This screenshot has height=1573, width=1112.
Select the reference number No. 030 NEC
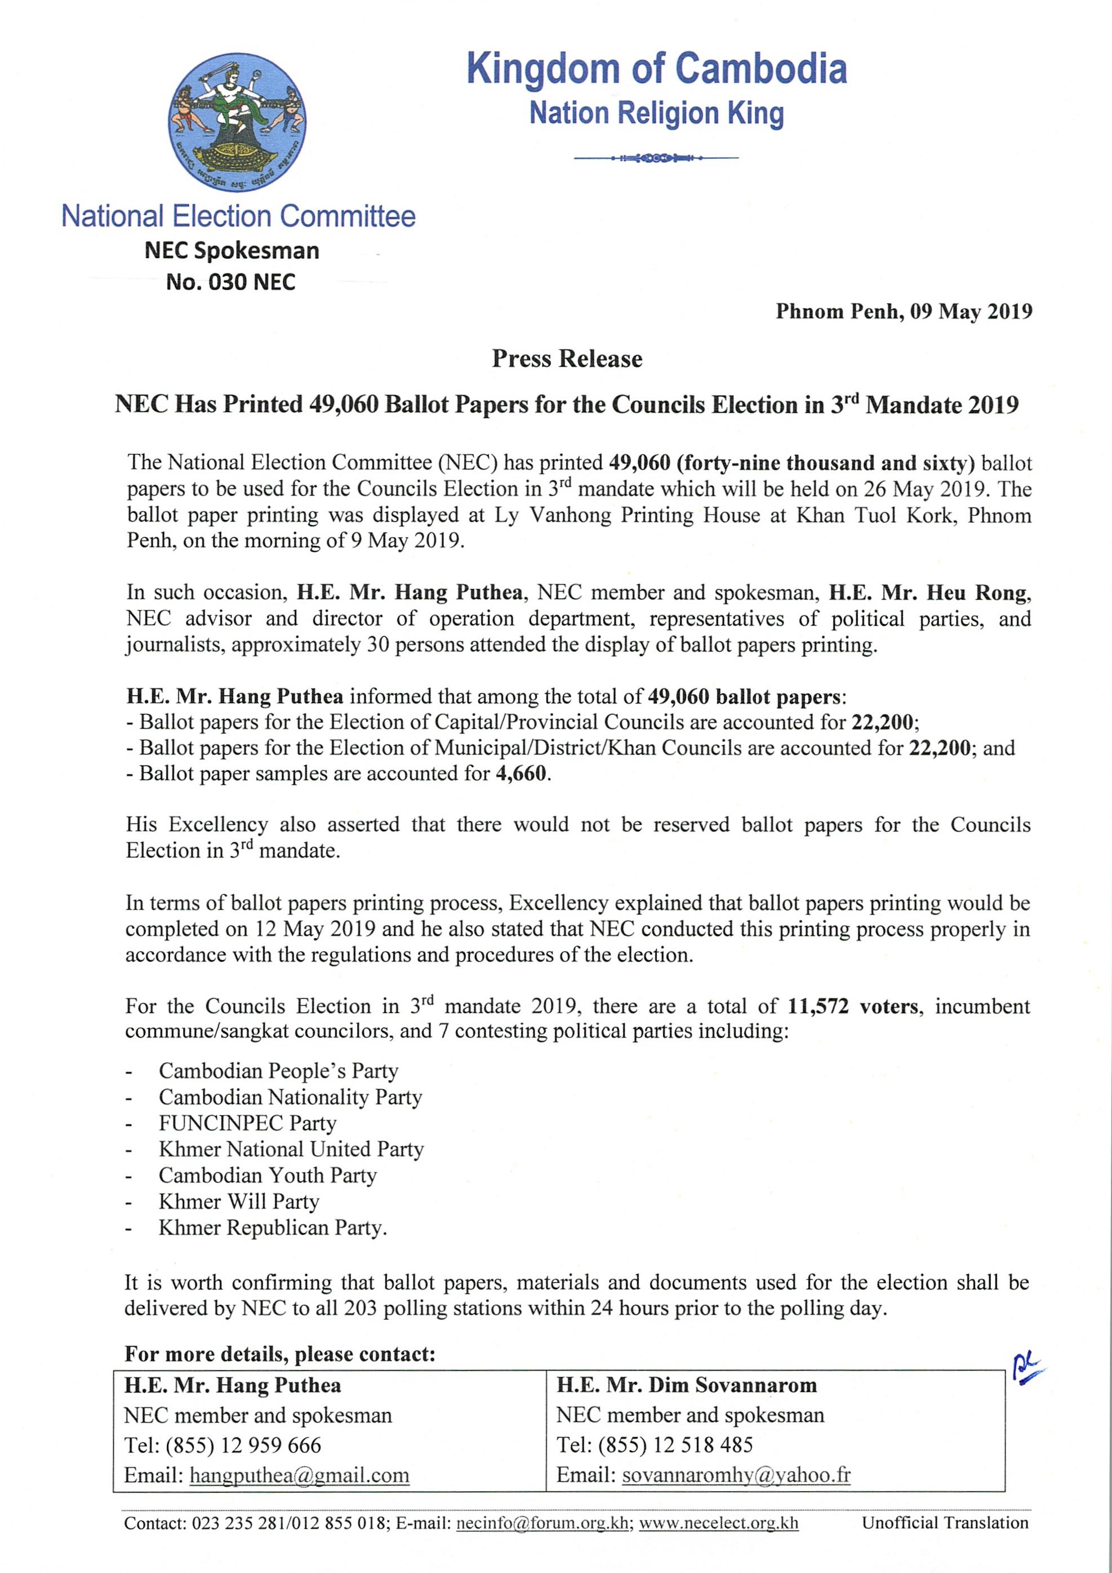coord(231,282)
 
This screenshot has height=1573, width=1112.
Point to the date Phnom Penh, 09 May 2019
coord(903,312)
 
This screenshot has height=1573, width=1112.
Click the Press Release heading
coord(567,359)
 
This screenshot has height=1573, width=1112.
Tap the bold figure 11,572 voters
coord(852,1006)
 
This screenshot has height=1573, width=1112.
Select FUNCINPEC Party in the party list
coord(247,1123)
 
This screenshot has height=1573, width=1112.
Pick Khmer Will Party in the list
coord(239,1201)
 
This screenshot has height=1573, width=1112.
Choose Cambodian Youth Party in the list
coord(268,1175)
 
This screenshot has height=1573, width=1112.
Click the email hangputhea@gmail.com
coord(299,1475)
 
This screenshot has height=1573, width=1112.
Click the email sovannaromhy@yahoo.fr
coord(736,1475)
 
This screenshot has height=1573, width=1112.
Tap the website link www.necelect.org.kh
coord(718,1523)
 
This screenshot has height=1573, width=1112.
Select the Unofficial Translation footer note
coord(945,1523)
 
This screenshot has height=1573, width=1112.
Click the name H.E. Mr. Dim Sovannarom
coord(687,1385)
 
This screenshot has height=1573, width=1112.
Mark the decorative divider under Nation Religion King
coord(656,158)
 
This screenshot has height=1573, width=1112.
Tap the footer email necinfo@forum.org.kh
coord(542,1523)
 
